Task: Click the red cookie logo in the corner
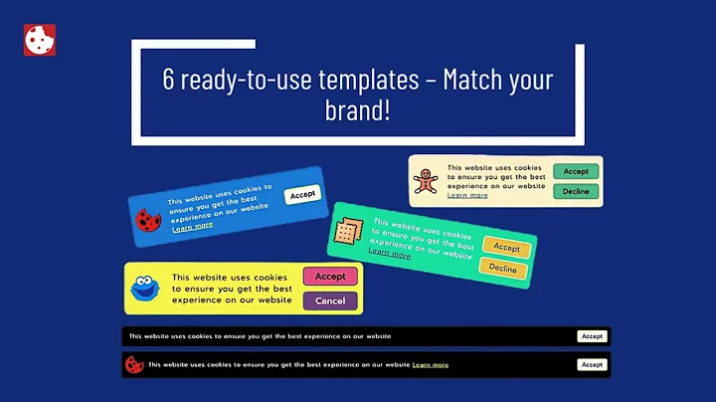[x=39, y=40]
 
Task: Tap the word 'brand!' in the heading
[x=358, y=110]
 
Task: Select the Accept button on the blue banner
[x=302, y=195]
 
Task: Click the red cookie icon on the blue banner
[x=149, y=218]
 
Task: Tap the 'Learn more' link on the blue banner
[x=192, y=226]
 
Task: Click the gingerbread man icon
[x=425, y=181]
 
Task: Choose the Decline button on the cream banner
[x=576, y=191]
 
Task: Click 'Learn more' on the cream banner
[x=467, y=195]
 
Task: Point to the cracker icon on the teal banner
[x=346, y=231]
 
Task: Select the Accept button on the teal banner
[x=506, y=247]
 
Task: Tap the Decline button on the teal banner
[x=502, y=269]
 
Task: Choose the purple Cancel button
[x=329, y=301]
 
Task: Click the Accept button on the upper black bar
[x=592, y=336]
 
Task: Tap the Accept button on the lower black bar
[x=592, y=365]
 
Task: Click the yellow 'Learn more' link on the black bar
[x=431, y=365]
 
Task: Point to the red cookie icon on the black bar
[x=132, y=364]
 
